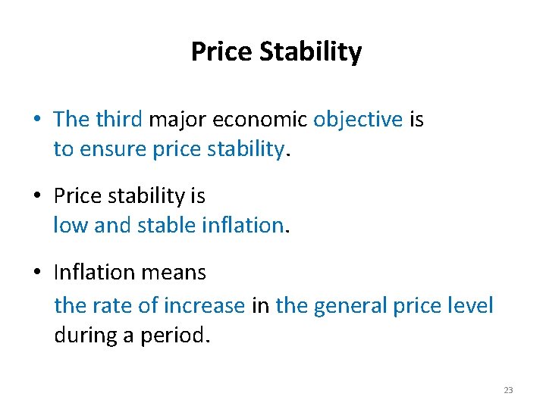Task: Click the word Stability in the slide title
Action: point(311,52)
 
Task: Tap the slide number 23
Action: point(508,390)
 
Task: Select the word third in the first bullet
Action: point(119,119)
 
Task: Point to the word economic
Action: point(259,119)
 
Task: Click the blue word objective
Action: point(358,119)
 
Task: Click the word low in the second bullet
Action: point(71,225)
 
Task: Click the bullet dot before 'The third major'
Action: point(36,120)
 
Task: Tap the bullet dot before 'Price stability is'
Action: point(36,196)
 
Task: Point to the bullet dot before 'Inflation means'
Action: point(36,273)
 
